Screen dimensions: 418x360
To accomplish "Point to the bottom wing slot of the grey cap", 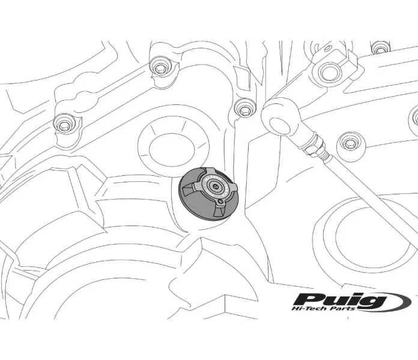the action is point(220,212).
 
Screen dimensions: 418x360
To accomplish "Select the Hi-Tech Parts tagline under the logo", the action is point(323,308).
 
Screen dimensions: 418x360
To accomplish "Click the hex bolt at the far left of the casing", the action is point(64,124).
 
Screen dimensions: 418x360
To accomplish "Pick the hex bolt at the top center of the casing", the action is point(159,68).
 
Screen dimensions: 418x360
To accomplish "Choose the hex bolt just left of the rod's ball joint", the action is point(244,109).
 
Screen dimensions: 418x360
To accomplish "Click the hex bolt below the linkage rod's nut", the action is point(348,144).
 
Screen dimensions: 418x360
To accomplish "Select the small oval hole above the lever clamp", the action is point(327,48).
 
